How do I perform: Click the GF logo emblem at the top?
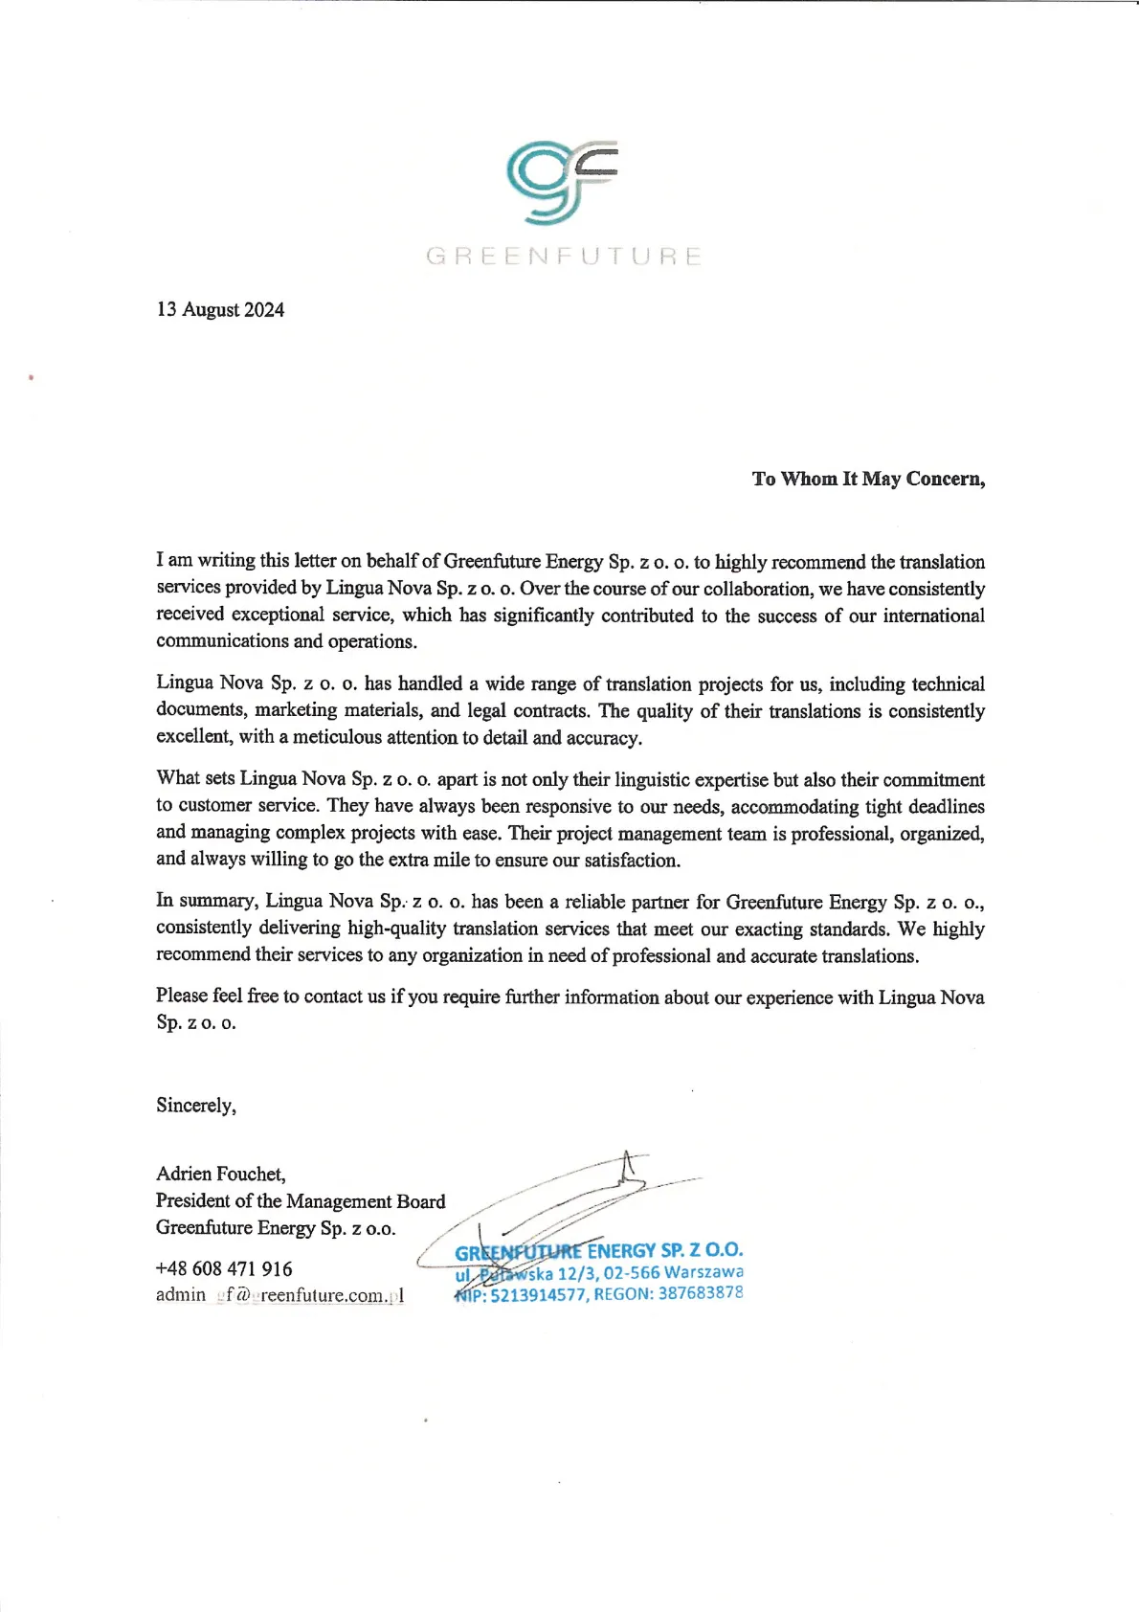[x=562, y=183]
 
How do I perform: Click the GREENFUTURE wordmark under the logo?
[x=564, y=257]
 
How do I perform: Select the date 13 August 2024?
[x=220, y=309]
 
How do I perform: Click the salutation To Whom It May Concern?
[x=868, y=479]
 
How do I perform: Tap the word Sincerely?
[x=196, y=1106]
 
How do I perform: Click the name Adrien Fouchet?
[x=220, y=1174]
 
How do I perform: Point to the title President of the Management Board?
[x=301, y=1200]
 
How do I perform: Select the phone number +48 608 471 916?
[x=224, y=1268]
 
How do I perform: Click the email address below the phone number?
[x=279, y=1295]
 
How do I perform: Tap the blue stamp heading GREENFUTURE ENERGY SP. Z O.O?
[x=598, y=1251]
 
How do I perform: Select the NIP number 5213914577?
[x=539, y=1295]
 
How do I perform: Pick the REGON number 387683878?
[x=701, y=1293]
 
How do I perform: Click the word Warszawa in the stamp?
[x=703, y=1272]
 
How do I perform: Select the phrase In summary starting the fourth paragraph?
[x=206, y=901]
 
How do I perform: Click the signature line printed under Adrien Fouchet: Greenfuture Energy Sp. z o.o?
[x=276, y=1228]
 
